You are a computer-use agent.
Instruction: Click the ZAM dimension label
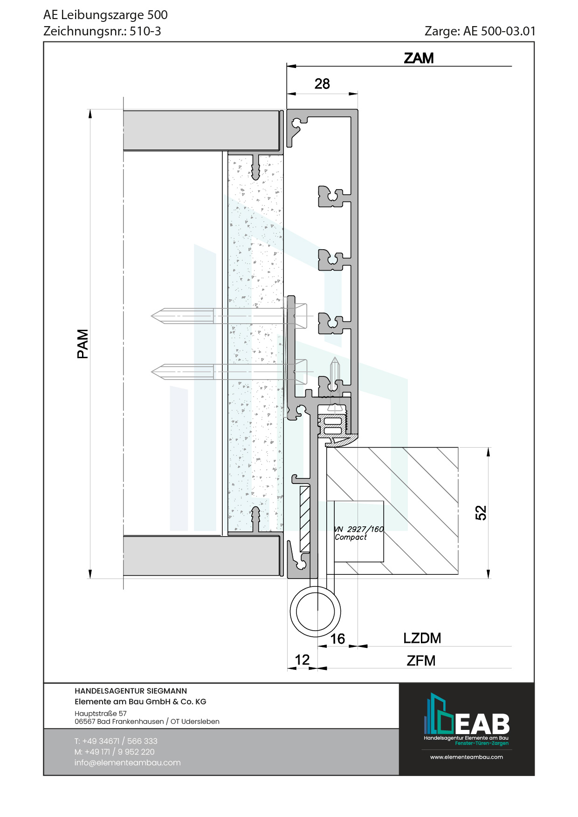pyautogui.click(x=419, y=58)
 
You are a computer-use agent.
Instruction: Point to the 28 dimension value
pyautogui.click(x=322, y=84)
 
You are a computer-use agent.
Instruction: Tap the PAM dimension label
pyautogui.click(x=83, y=344)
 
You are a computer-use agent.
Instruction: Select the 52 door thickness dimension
pyautogui.click(x=481, y=513)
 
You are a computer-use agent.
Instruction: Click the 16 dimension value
pyautogui.click(x=337, y=639)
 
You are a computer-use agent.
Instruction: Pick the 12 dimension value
pyautogui.click(x=302, y=660)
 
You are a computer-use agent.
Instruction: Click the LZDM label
pyautogui.click(x=422, y=638)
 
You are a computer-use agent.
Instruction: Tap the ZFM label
pyautogui.click(x=421, y=660)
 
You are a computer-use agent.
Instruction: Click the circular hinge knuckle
pyautogui.click(x=316, y=612)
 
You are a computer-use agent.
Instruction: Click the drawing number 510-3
pyautogui.click(x=145, y=31)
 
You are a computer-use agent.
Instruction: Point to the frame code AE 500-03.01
pyautogui.click(x=500, y=31)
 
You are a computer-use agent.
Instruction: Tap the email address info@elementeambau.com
pyautogui.click(x=127, y=763)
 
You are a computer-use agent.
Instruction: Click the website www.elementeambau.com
pyautogui.click(x=467, y=757)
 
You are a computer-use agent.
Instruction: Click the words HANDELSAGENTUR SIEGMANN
pyautogui.click(x=131, y=691)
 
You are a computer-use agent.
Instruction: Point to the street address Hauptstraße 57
pyautogui.click(x=100, y=714)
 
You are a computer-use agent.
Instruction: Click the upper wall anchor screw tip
pyautogui.click(x=151, y=316)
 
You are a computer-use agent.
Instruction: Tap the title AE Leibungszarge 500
pyautogui.click(x=105, y=15)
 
